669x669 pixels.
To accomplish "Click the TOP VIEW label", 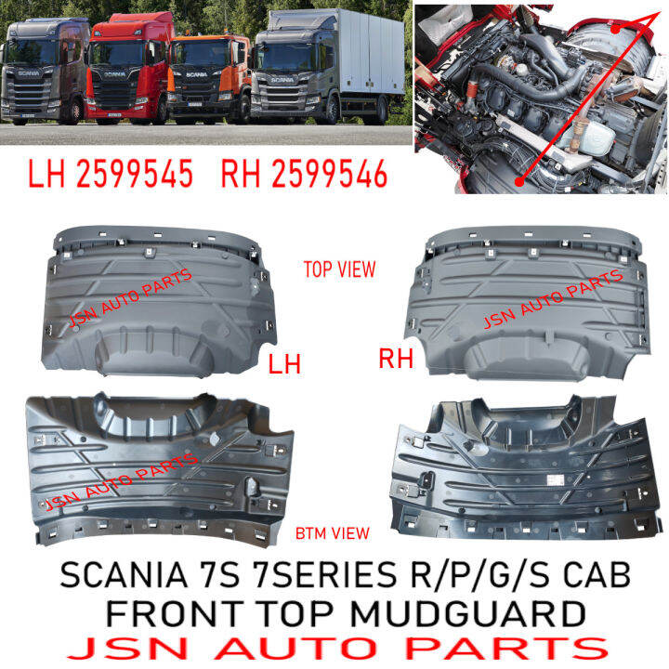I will tap(340, 269).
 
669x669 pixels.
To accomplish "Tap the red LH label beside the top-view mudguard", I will tap(284, 364).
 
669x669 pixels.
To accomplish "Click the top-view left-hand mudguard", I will tap(158, 297).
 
